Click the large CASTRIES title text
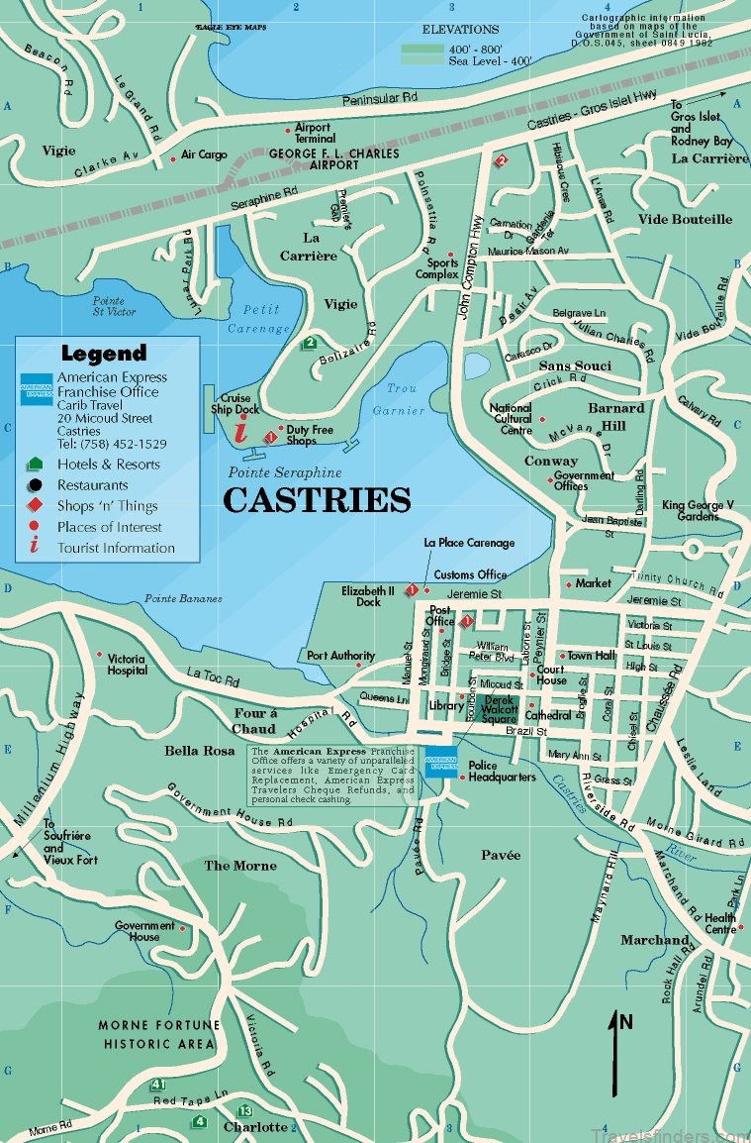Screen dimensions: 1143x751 pyautogui.click(x=317, y=500)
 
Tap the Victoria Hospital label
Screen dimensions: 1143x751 pyautogui.click(x=127, y=664)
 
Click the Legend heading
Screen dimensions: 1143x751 pyautogui.click(x=103, y=353)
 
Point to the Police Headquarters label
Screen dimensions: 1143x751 pyautogui.click(x=502, y=771)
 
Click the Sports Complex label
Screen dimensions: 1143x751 pyautogui.click(x=442, y=268)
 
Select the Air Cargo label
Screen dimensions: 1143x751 pyautogui.click(x=204, y=155)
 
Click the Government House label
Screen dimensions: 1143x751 pyautogui.click(x=137, y=931)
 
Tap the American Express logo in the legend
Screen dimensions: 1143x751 pyautogui.click(x=36, y=390)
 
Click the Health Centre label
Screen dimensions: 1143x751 pyautogui.click(x=720, y=923)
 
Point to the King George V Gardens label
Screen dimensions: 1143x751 pyautogui.click(x=699, y=510)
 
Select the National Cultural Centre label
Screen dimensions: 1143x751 pyautogui.click(x=511, y=419)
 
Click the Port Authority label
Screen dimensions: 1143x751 pyautogui.click(x=340, y=656)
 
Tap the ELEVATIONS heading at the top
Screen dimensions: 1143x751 pyautogui.click(x=460, y=30)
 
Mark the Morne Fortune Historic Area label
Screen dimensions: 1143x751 pyautogui.click(x=157, y=1034)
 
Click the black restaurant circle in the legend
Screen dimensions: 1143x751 pyautogui.click(x=36, y=485)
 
